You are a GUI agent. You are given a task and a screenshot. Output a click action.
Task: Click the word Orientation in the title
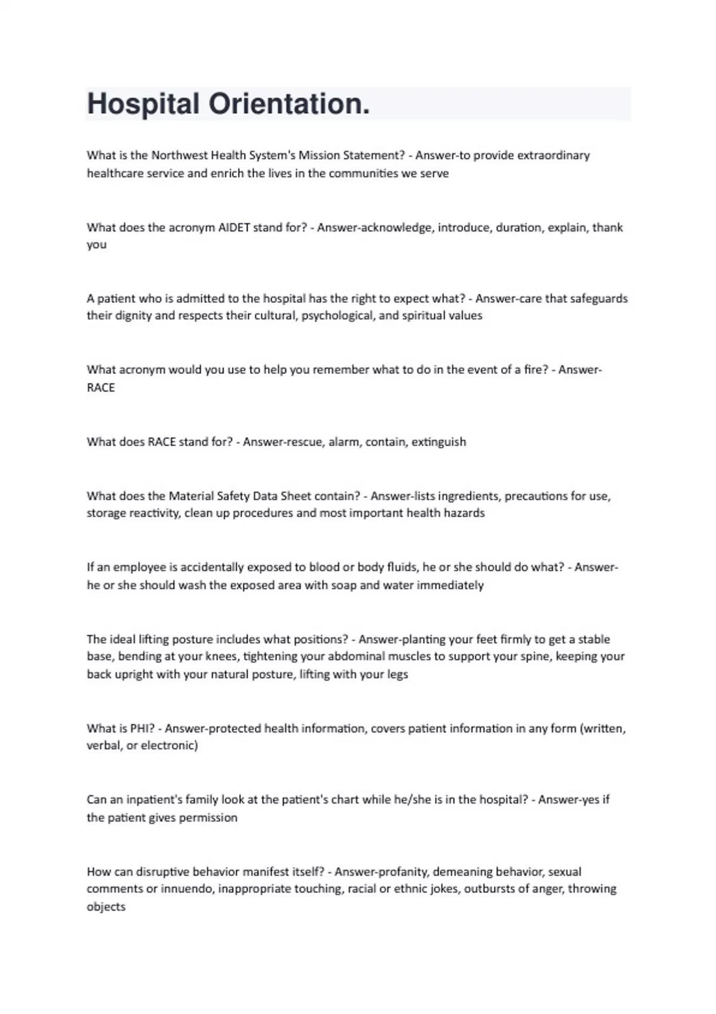pos(289,104)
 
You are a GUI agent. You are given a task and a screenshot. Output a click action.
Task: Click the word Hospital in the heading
pos(143,104)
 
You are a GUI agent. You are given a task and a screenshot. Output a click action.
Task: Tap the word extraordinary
pos(553,155)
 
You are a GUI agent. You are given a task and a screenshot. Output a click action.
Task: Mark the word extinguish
pos(439,442)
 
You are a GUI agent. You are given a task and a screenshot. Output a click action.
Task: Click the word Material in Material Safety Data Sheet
pos(191,496)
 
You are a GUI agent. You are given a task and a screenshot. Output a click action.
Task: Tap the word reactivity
pos(150,513)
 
